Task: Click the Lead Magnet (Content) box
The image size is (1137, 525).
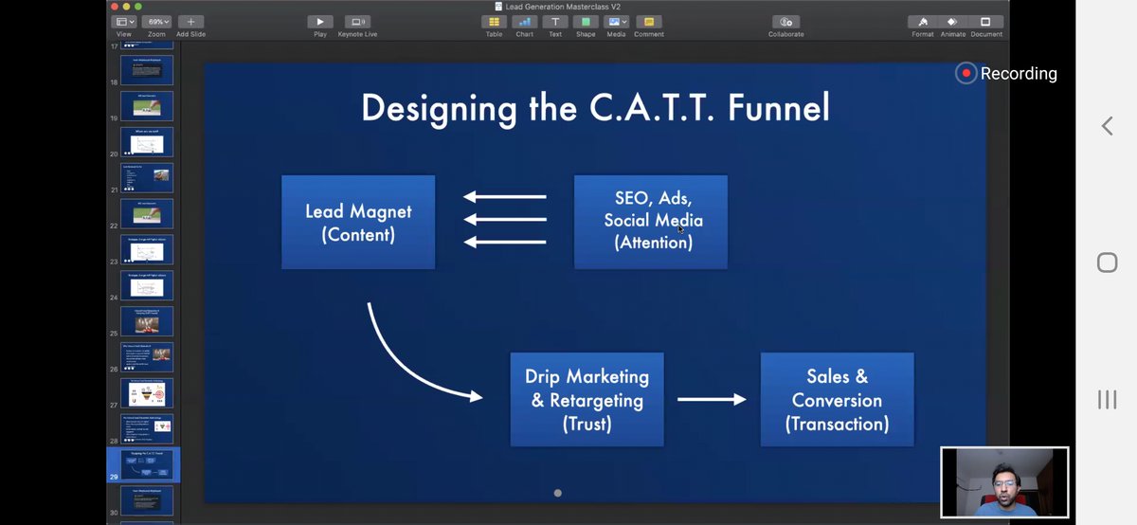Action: pos(358,223)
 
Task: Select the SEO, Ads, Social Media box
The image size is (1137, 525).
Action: pos(651,221)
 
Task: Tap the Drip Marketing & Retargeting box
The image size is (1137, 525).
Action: pos(587,399)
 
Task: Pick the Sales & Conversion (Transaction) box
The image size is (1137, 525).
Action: pos(837,399)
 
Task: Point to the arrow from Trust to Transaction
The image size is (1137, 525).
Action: pos(712,399)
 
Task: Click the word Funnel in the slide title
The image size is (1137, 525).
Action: pos(779,107)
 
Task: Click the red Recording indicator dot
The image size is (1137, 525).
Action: pos(966,73)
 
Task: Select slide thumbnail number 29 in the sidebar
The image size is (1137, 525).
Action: pos(147,463)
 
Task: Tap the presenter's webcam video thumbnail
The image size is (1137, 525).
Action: pos(1004,482)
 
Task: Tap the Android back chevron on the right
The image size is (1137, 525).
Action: pos(1107,126)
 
